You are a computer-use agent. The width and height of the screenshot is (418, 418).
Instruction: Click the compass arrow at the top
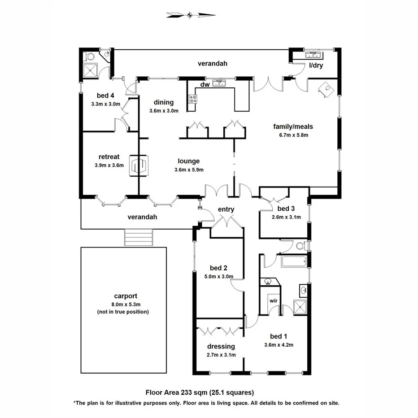coord(190,15)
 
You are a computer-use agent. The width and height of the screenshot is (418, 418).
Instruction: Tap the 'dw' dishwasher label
coord(205,84)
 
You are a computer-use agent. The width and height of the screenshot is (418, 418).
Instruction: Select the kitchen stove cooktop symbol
coord(193,99)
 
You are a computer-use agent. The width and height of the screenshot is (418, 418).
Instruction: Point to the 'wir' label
coord(273,300)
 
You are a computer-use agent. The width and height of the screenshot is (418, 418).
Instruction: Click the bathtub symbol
coord(293,261)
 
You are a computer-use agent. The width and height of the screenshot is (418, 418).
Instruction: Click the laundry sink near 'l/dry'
coord(313,55)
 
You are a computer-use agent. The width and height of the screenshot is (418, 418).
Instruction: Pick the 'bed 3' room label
coord(286,209)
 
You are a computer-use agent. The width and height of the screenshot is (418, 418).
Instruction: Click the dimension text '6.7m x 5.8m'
coord(293,134)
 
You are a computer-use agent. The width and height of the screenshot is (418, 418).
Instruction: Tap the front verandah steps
coord(139,237)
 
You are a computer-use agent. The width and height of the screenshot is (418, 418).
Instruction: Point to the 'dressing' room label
coord(221,346)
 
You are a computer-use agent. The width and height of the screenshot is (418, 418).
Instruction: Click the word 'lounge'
coord(188,161)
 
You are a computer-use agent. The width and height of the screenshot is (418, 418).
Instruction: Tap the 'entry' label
coord(226,209)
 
